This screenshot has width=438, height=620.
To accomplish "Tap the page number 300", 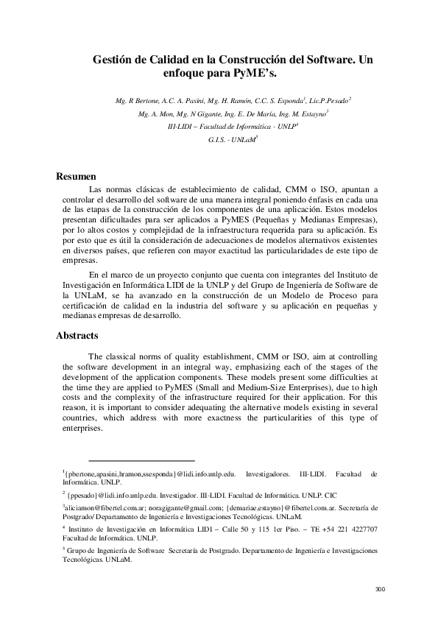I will click(381, 589).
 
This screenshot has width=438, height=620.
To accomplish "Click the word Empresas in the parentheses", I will click(351, 219).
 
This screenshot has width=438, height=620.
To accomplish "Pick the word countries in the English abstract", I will click(82, 418).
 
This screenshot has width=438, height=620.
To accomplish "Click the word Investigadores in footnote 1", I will click(271, 476).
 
